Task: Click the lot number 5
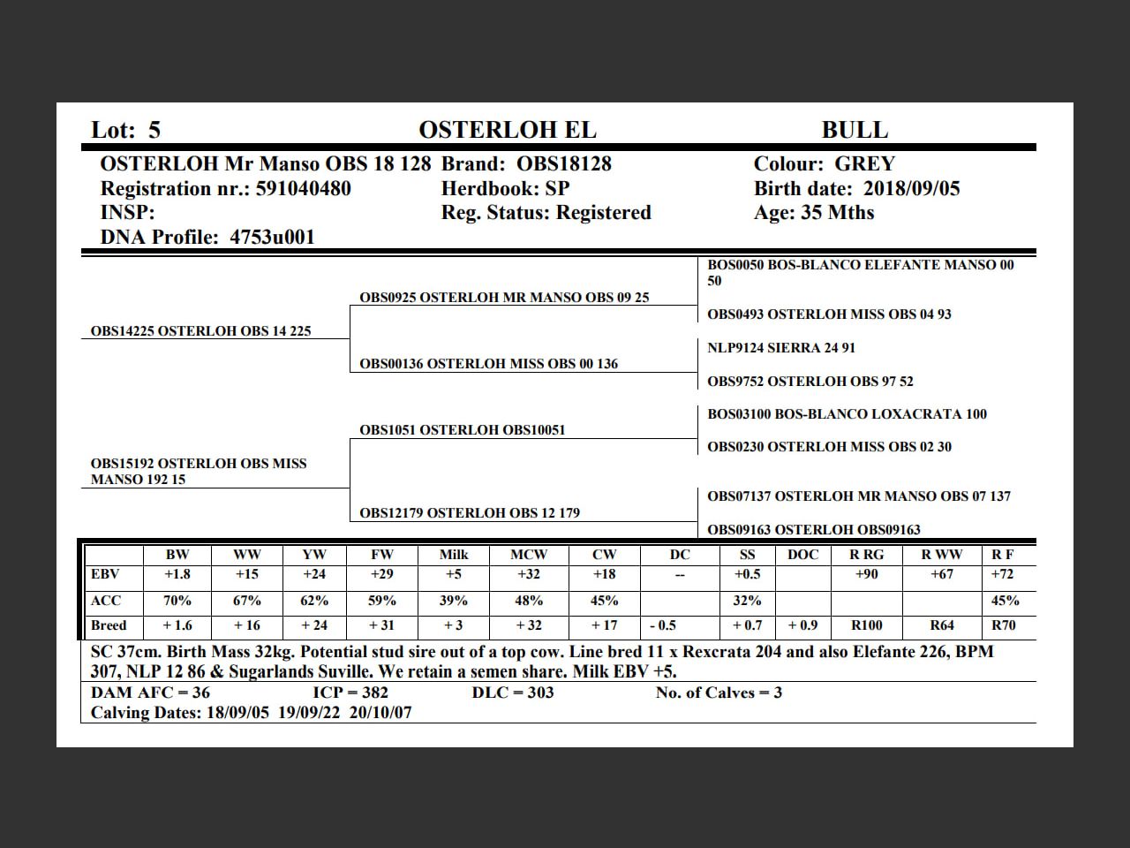click(x=154, y=130)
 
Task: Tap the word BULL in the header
click(x=855, y=130)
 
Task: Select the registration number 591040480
click(x=303, y=188)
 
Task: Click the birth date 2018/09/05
click(x=911, y=188)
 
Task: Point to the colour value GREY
click(x=864, y=164)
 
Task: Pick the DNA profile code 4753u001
click(x=272, y=237)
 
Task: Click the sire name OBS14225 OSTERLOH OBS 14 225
click(x=200, y=331)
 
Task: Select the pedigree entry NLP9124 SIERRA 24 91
click(x=780, y=348)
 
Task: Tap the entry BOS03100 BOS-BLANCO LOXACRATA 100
click(x=847, y=414)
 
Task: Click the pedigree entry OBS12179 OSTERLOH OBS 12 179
click(x=469, y=513)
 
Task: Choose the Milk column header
click(x=454, y=555)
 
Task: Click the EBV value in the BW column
click(x=177, y=574)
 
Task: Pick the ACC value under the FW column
click(x=382, y=601)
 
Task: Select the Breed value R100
click(x=866, y=625)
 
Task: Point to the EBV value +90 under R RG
click(x=866, y=574)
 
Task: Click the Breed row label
click(x=109, y=625)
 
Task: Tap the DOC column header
click(x=802, y=555)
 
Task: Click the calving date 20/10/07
click(x=380, y=713)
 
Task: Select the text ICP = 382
click(x=350, y=693)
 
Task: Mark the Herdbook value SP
click(x=557, y=188)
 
